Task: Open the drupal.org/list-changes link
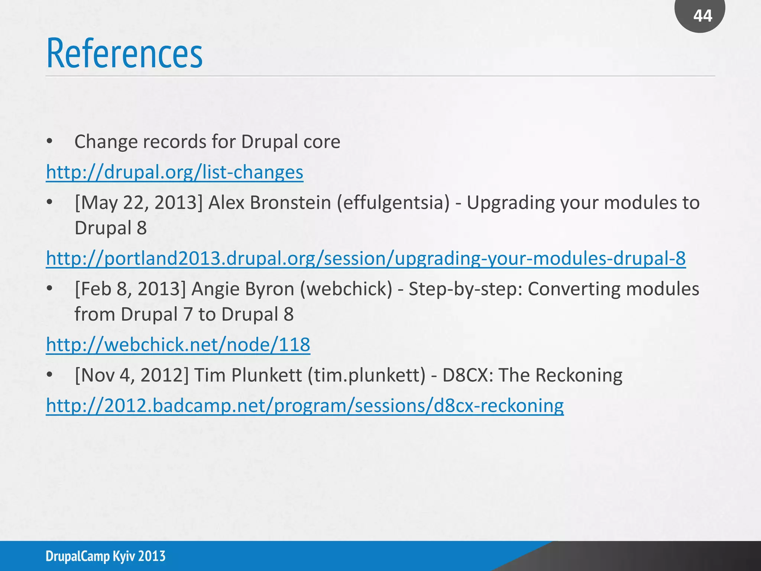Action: [175, 172]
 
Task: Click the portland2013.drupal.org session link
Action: [366, 258]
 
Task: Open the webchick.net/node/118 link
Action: [178, 345]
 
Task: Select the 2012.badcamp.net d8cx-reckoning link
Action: [305, 406]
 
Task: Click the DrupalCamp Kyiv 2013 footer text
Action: [106, 556]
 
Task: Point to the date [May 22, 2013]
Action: [139, 203]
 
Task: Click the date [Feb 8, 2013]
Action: [130, 289]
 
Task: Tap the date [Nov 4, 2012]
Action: [132, 375]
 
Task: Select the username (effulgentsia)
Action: [393, 203]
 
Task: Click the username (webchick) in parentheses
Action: [346, 289]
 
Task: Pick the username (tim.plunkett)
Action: [366, 375]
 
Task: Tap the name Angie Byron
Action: [243, 289]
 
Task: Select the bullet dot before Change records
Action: [50, 142]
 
